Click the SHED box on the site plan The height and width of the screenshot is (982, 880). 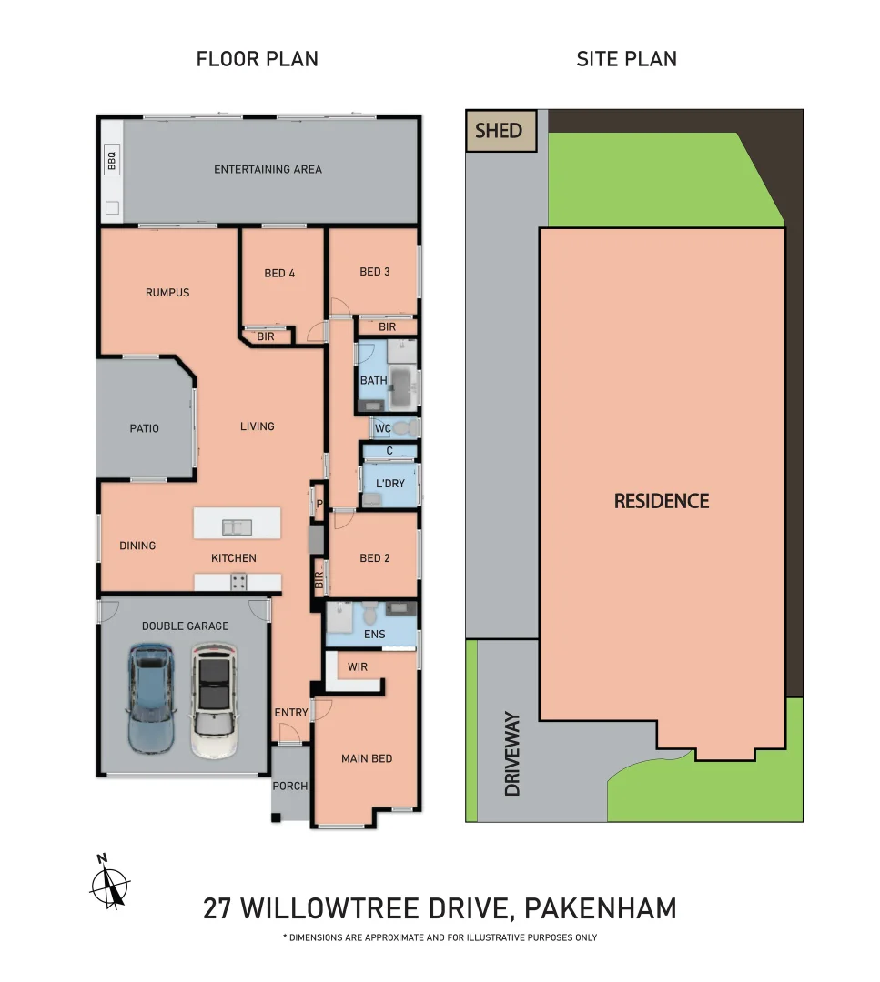(x=501, y=131)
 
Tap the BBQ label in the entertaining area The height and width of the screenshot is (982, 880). (x=112, y=160)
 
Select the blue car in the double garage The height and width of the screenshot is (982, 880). (x=150, y=697)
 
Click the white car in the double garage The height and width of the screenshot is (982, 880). (x=214, y=699)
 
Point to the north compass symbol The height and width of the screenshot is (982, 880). (x=110, y=882)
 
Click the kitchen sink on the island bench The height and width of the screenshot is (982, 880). (x=237, y=527)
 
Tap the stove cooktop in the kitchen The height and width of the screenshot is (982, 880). (x=238, y=582)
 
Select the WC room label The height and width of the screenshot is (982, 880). (x=382, y=428)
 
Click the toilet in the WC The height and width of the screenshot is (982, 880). (x=406, y=427)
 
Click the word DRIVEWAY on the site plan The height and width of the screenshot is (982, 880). (x=512, y=754)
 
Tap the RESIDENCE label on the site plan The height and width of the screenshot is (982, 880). (x=662, y=501)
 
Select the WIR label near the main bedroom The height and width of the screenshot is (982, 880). (x=358, y=667)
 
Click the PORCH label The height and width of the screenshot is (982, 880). (x=290, y=786)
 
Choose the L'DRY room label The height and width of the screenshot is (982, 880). (x=389, y=484)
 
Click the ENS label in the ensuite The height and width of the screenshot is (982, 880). (x=375, y=635)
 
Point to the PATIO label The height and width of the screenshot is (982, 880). (x=144, y=428)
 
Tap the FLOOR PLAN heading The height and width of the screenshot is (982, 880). (x=257, y=59)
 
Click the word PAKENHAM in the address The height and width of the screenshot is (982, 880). (x=601, y=908)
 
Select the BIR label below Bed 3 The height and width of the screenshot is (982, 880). (x=388, y=327)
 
